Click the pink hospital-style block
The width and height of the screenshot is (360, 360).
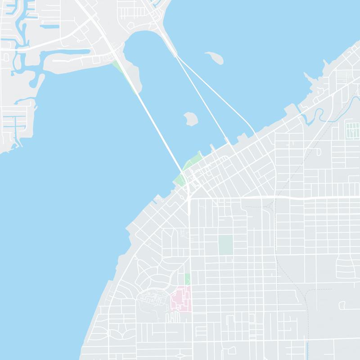coord(181,299)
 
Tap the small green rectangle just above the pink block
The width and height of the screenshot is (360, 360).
coord(187,279)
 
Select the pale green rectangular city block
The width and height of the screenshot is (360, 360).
coord(225,244)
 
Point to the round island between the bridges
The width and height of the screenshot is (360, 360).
coord(191,119)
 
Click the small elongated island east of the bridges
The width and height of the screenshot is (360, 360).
coord(215,57)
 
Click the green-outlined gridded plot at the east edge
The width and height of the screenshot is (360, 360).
coord(352,130)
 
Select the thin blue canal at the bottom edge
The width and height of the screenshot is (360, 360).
coord(306,351)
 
